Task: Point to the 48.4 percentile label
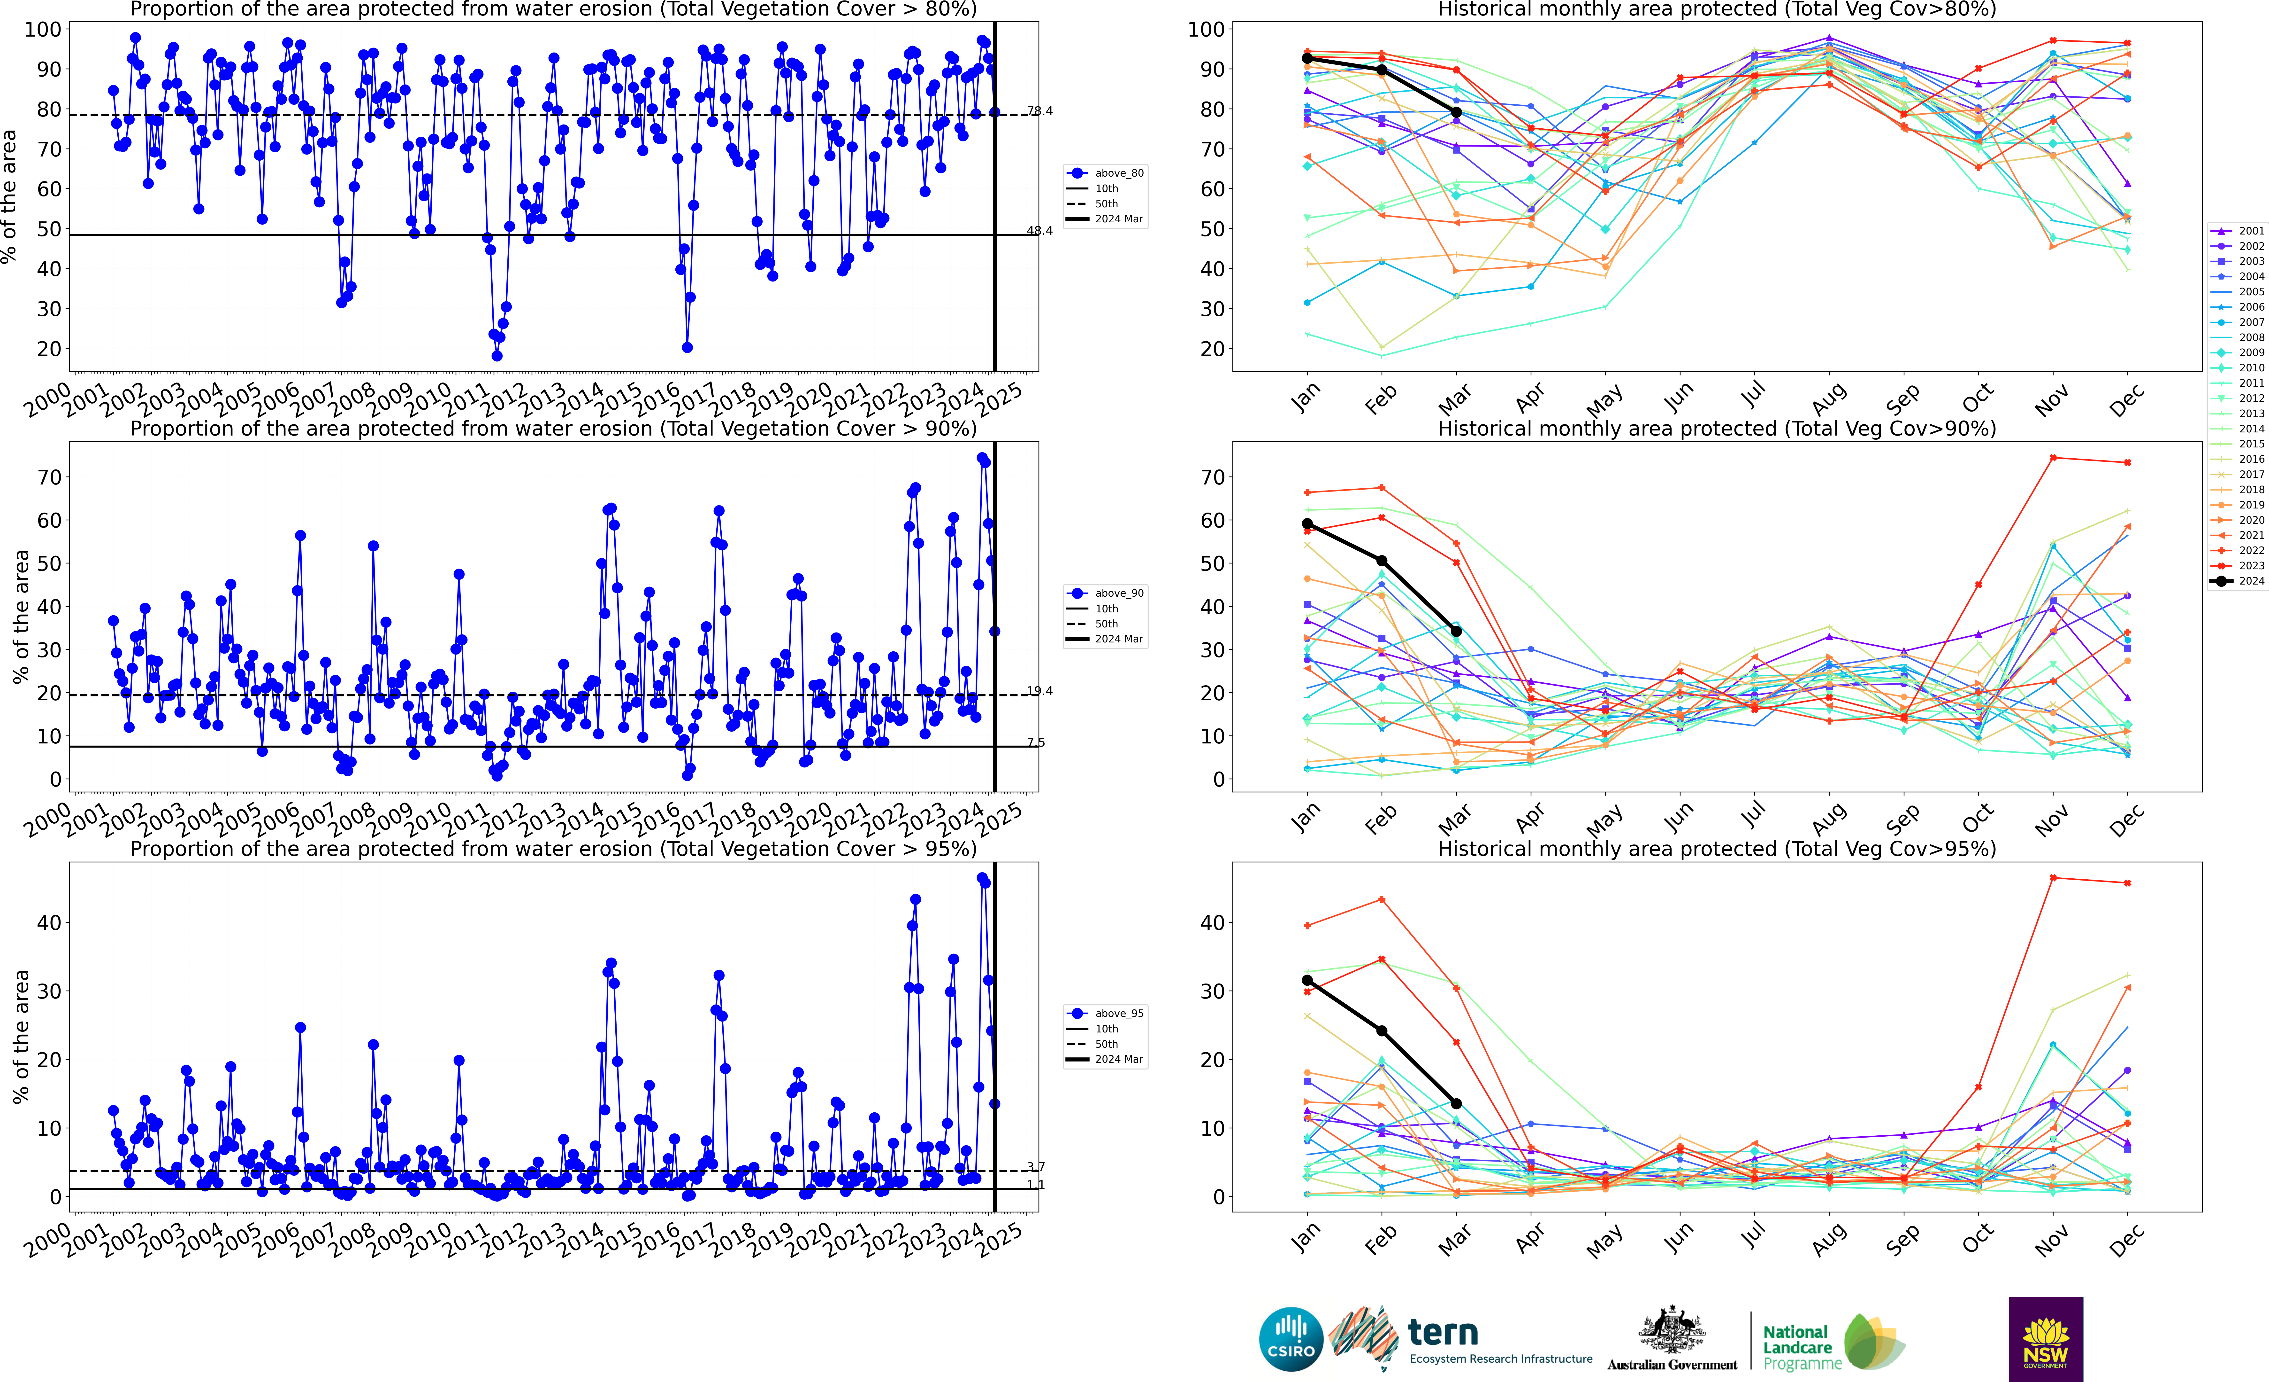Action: [x=1040, y=230]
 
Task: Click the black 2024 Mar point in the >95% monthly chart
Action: [x=1456, y=1104]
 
